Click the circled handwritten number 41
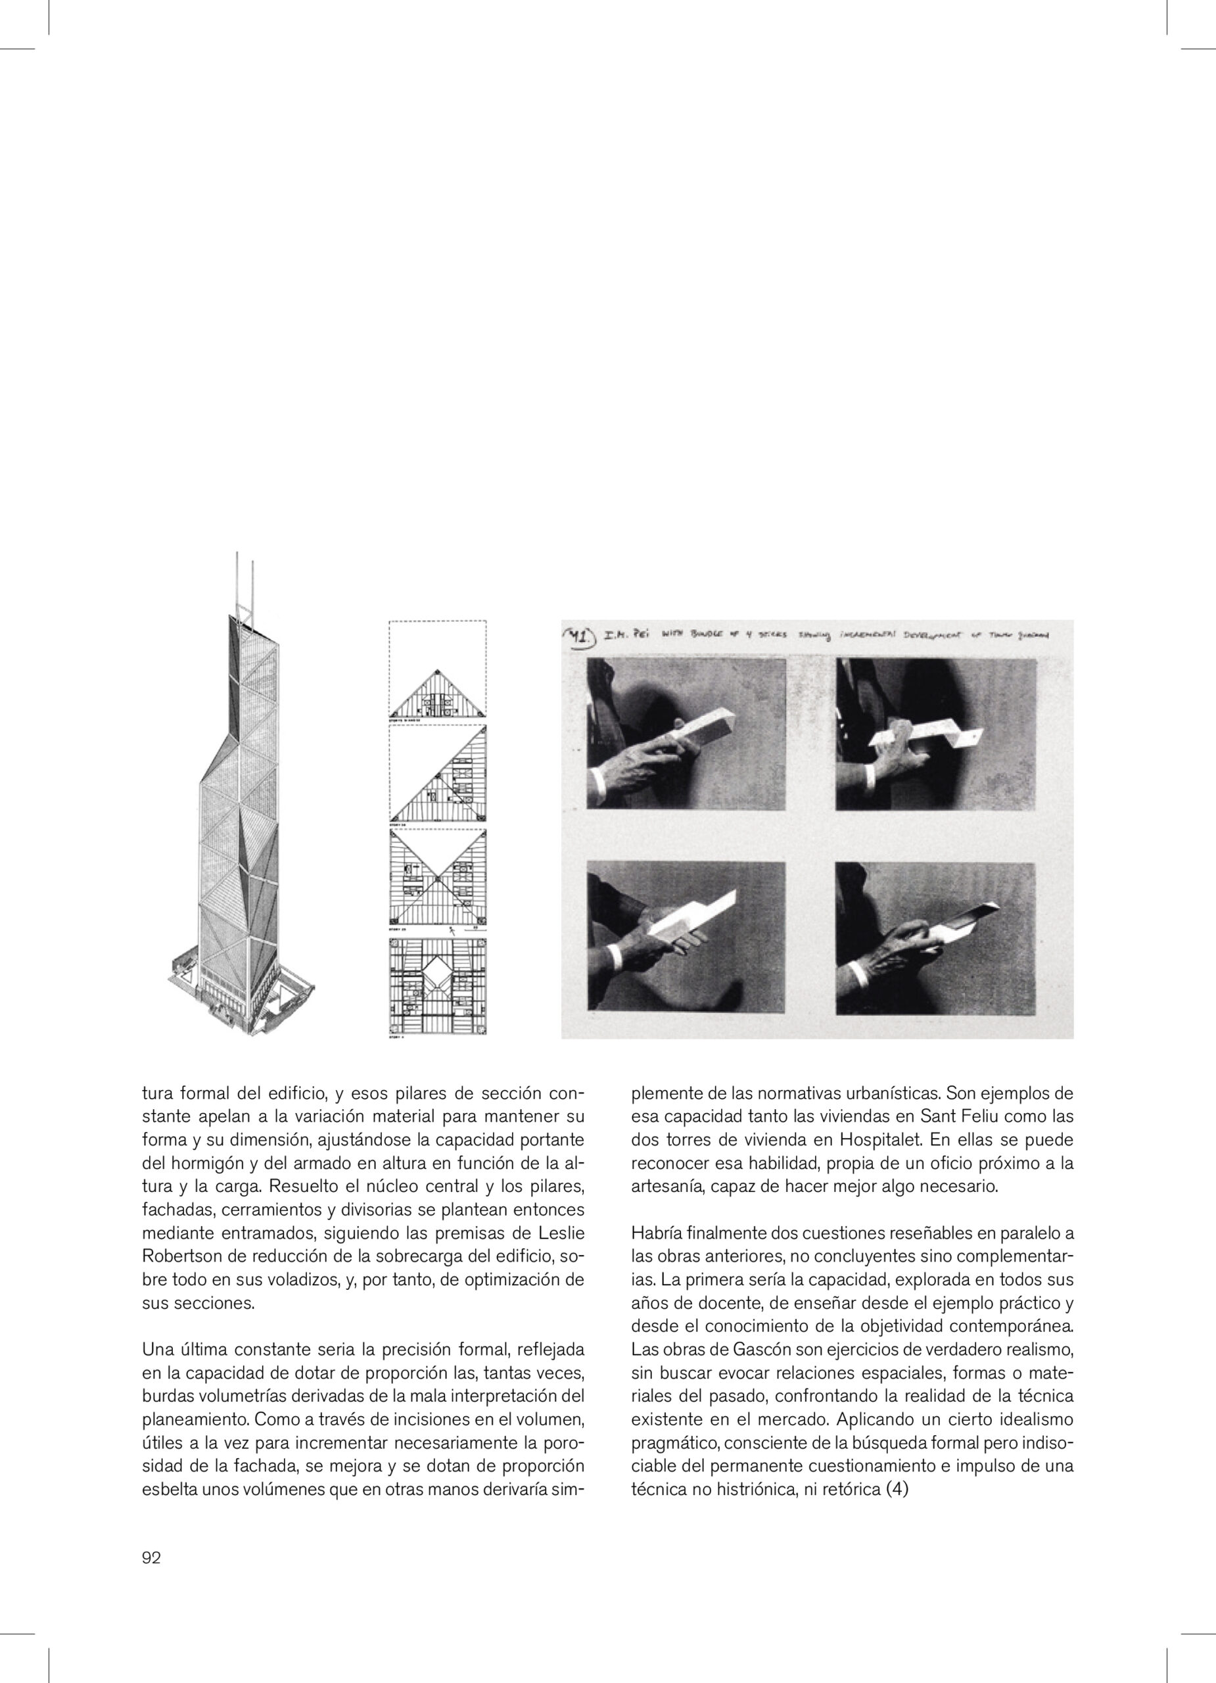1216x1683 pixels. tap(580, 636)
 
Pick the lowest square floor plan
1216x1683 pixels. tap(437, 987)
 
